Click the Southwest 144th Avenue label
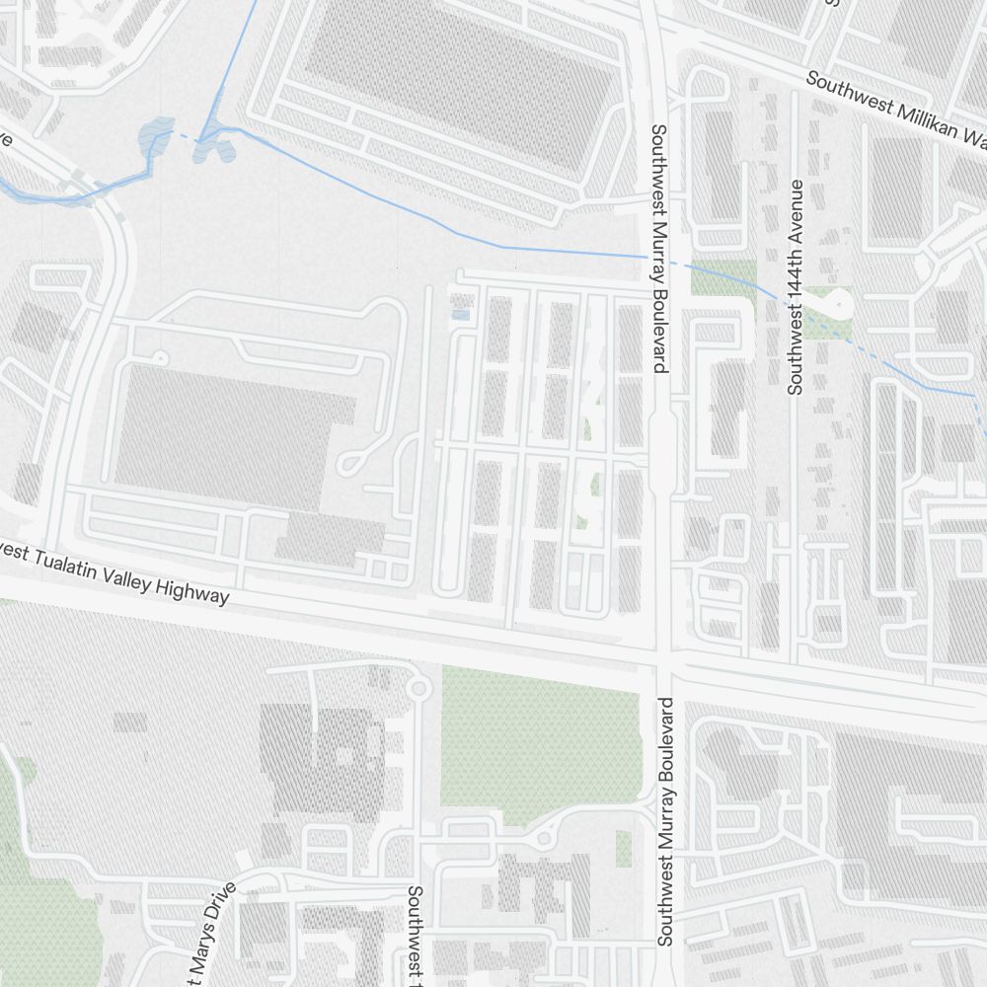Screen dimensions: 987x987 point(796,287)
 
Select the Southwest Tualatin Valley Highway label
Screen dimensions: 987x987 point(114,573)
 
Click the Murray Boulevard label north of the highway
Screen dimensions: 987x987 point(659,248)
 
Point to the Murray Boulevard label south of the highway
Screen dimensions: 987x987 point(665,821)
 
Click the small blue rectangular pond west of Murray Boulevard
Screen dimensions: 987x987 point(460,316)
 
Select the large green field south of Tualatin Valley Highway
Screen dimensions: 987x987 point(538,745)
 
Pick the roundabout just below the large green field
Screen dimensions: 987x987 point(543,839)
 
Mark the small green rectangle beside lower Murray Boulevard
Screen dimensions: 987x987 point(624,848)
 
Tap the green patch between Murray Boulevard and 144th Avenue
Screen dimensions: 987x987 point(723,278)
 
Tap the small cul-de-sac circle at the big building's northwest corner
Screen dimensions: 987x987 point(160,356)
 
